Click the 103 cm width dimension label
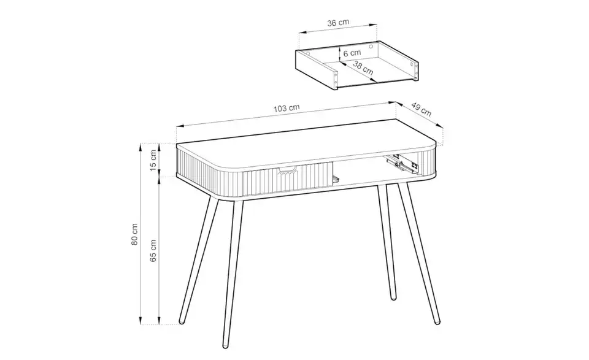coord(287,109)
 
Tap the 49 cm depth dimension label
coord(421,109)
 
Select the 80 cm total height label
coord(135,234)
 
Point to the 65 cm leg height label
coord(153,250)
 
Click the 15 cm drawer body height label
coord(153,160)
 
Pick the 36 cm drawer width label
coord(338,23)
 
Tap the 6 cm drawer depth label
coord(352,53)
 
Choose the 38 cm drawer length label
coord(363,68)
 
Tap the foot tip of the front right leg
coord(437,321)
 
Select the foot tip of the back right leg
coord(393,297)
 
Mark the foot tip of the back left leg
coord(182,322)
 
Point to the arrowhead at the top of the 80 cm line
coord(141,147)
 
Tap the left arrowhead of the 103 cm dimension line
coord(180,126)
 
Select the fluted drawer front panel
coord(287,178)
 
